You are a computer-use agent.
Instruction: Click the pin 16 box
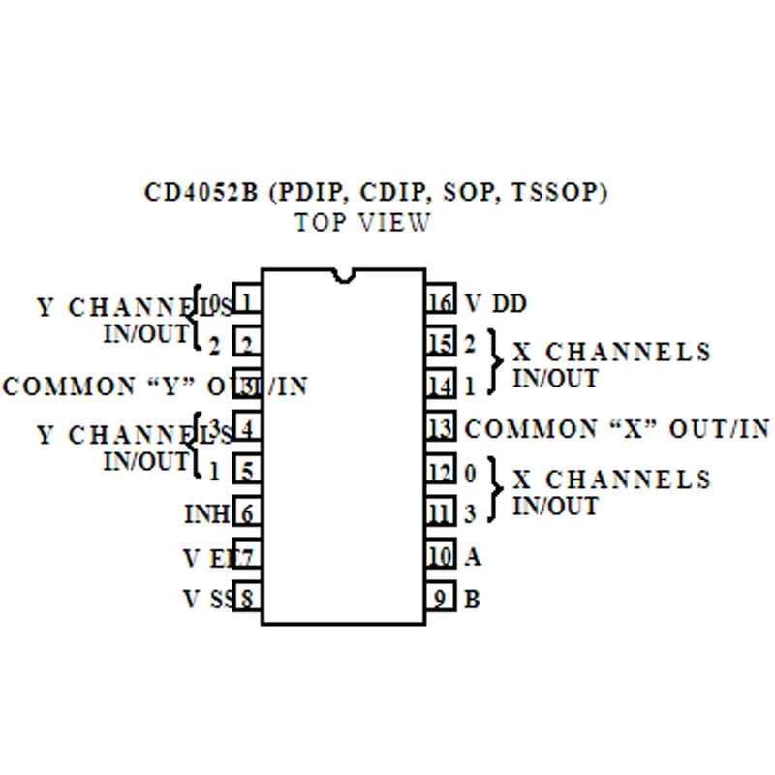coord(440,302)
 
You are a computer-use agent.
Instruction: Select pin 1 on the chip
coord(247,302)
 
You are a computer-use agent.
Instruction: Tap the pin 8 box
coord(247,599)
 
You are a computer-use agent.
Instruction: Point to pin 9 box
coord(440,599)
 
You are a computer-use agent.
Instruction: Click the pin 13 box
coord(440,428)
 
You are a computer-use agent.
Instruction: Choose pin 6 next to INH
coord(247,513)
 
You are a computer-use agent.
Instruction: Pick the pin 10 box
coord(440,556)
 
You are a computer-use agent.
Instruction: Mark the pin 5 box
coord(247,472)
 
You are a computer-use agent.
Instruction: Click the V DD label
coord(496,303)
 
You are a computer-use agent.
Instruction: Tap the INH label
coord(205,513)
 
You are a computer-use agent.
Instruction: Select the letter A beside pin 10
coord(473,556)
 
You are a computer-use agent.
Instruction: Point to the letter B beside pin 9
coord(473,599)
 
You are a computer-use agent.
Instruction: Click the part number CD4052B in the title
coord(201,193)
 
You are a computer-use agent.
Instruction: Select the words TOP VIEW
coord(362,222)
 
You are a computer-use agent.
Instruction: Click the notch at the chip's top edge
coord(343,276)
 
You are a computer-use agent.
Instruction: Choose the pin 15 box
coord(440,344)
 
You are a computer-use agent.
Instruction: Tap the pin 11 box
coord(440,512)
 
